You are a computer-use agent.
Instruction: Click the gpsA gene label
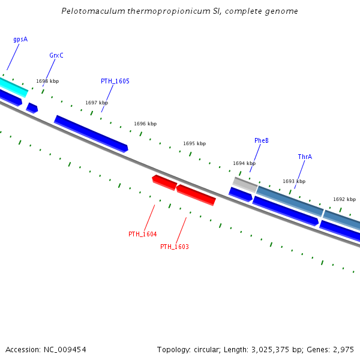point(20,40)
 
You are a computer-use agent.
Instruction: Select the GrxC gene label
point(56,56)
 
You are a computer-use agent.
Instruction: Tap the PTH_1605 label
point(115,82)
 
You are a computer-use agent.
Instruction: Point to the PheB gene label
point(261,141)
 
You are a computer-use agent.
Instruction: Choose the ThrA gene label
point(305,157)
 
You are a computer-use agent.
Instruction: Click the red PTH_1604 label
point(142,234)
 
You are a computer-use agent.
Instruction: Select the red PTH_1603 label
point(174,247)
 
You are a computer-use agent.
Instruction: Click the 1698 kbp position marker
point(47,81)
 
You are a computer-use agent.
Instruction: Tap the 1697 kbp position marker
point(97,103)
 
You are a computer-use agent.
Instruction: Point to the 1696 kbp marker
point(145,124)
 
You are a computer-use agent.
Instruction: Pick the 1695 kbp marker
point(194,144)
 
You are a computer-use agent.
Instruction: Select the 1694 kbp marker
point(244,163)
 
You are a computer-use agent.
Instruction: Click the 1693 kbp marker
point(294,181)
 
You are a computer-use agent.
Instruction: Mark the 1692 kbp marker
point(344,199)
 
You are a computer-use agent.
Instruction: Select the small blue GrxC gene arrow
point(32,108)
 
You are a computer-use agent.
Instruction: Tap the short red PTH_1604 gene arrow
point(164,181)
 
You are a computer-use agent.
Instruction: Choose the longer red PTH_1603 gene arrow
point(196,194)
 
